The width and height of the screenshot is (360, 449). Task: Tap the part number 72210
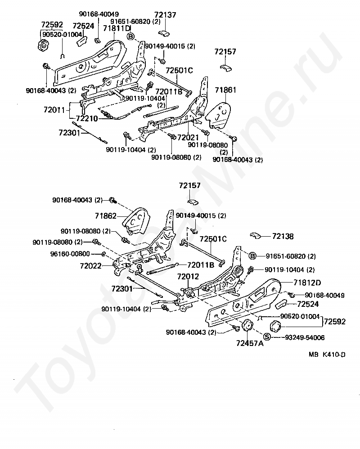tap(87, 118)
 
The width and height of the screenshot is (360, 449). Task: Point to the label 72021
tap(188, 137)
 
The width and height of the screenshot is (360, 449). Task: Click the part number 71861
tap(225, 90)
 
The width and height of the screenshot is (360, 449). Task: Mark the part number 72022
tap(91, 266)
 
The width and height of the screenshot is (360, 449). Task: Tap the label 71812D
tap(307, 283)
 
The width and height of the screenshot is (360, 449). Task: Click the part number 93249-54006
tap(305, 337)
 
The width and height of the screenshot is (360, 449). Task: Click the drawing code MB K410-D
tap(327, 355)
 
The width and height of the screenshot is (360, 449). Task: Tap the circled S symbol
tap(267, 337)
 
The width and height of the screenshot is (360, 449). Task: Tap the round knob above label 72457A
tap(247, 326)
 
